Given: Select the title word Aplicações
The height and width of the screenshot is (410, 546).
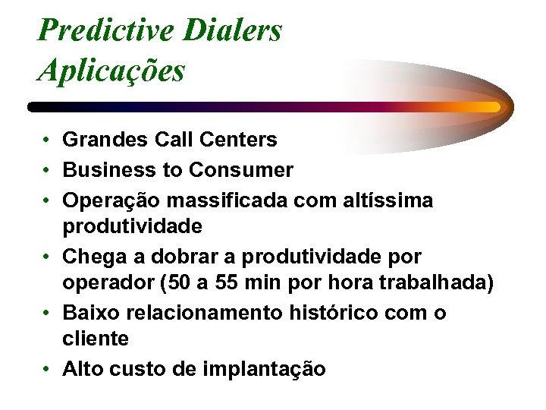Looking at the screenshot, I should [111, 71].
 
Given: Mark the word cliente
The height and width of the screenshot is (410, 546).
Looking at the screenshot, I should [96, 339].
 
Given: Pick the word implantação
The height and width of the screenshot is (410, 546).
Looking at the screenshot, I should [265, 370].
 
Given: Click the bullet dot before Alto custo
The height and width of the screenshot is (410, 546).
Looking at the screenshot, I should [47, 370].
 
